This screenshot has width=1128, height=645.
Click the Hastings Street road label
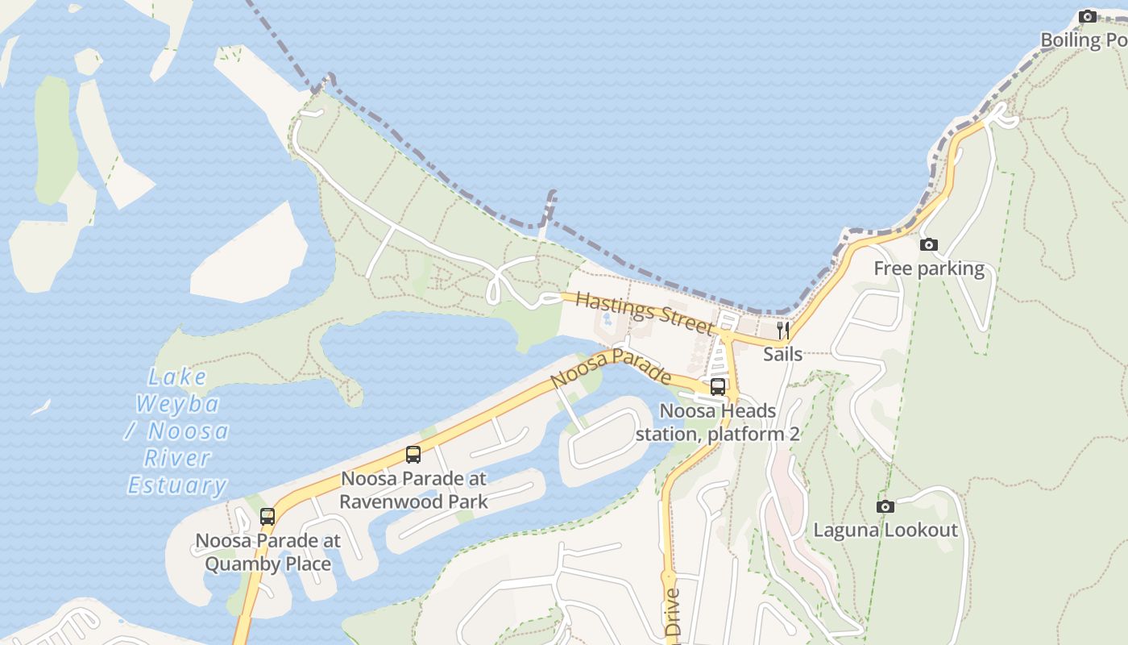click(645, 313)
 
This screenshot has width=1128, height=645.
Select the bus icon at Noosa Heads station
click(717, 387)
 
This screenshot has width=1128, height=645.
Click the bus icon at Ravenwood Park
click(413, 455)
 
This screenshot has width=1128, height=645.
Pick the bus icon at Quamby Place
click(267, 517)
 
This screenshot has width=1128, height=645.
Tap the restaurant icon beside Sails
click(782, 329)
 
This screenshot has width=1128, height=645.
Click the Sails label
click(782, 354)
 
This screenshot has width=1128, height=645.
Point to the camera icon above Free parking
click(929, 244)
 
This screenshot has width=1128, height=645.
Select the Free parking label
click(929, 268)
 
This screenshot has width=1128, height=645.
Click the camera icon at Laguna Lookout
click(885, 506)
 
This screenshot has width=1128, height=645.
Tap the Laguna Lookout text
click(885, 531)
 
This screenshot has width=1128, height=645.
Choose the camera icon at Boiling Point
click(1087, 16)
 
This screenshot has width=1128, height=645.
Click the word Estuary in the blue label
click(177, 485)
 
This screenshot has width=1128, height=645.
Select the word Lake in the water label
click(177, 377)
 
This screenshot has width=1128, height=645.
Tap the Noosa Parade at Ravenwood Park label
click(413, 489)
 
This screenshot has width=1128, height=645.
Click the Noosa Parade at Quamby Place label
click(267, 552)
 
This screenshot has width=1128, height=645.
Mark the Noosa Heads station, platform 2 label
click(717, 422)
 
